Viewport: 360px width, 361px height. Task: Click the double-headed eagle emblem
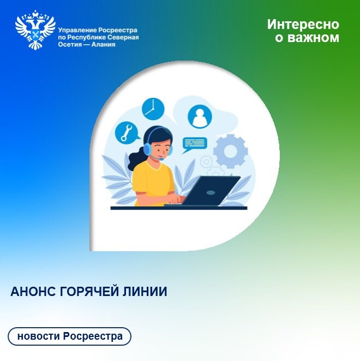pyautogui.click(x=35, y=30)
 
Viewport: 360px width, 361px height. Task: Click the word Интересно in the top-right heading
pyautogui.click(x=303, y=25)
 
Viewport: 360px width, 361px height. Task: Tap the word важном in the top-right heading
pyautogui.click(x=313, y=38)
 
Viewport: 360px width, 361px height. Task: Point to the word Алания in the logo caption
pyautogui.click(x=103, y=44)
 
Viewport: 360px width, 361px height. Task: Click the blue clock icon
pyautogui.click(x=153, y=109)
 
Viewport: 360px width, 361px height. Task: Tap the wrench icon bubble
pyautogui.click(x=127, y=133)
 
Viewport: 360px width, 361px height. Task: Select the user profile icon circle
pyautogui.click(x=200, y=116)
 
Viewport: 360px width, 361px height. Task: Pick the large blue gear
pyautogui.click(x=231, y=151)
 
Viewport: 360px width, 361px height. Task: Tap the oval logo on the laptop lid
pyautogui.click(x=211, y=192)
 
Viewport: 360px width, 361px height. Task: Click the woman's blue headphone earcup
pyautogui.click(x=148, y=149)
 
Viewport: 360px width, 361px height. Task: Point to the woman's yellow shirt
pyautogui.click(x=153, y=182)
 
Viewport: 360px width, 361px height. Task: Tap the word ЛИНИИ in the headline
pyautogui.click(x=145, y=292)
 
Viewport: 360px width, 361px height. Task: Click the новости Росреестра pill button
pyautogui.click(x=69, y=336)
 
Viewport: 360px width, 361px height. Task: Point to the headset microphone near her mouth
pyautogui.click(x=161, y=159)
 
